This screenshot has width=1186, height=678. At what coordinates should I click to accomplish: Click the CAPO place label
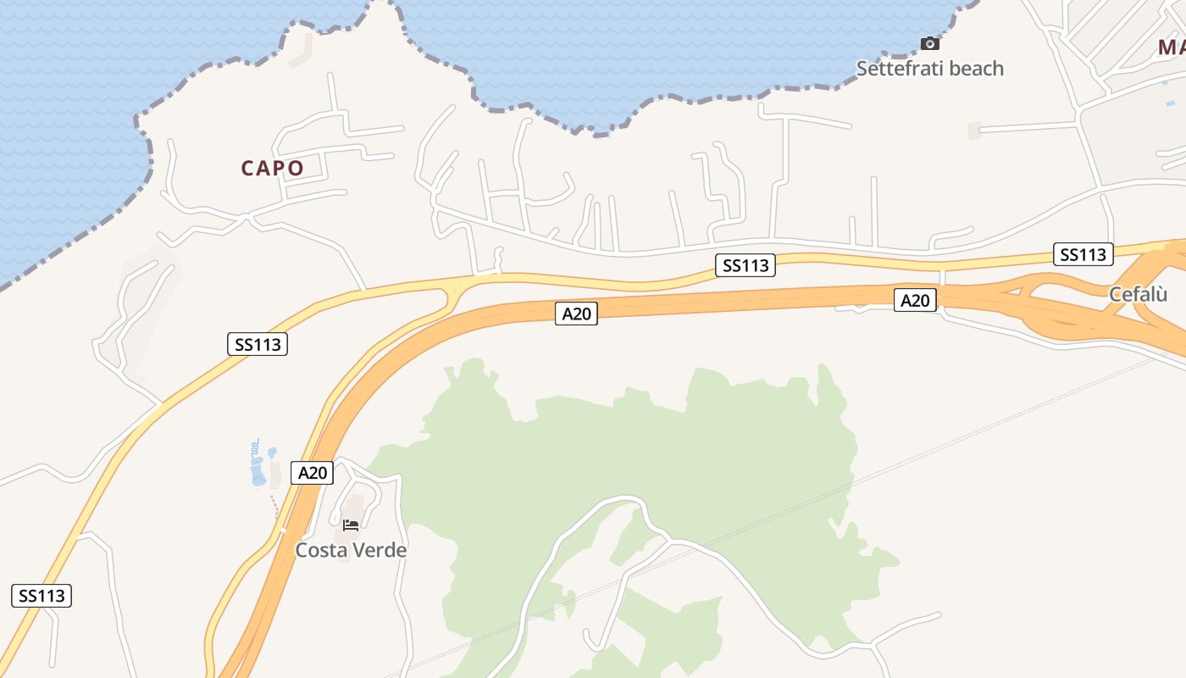pos(272,168)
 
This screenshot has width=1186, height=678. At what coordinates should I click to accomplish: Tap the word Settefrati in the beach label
pos(898,69)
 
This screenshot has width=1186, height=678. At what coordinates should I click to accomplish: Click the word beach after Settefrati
pos(974,69)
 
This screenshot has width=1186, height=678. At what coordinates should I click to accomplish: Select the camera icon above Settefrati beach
pos(929,43)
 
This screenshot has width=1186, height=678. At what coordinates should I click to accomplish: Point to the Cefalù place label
pos(1138,294)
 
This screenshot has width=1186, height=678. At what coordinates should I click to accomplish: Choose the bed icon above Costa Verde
pos(351,525)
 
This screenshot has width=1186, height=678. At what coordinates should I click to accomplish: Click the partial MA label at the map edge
pos(1172,47)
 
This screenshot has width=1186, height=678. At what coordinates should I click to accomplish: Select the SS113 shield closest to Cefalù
pos(1083,254)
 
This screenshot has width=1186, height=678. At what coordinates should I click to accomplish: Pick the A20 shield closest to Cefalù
pos(915,300)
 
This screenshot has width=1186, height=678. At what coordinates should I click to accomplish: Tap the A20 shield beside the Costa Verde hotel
pos(312,472)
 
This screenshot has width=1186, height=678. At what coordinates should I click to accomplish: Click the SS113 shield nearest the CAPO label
pos(258,344)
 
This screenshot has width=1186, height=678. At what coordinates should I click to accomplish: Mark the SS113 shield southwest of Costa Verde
pos(42,596)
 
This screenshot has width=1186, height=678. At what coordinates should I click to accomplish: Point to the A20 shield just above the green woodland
pos(576,314)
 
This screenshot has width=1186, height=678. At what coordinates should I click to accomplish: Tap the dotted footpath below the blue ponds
pos(274,508)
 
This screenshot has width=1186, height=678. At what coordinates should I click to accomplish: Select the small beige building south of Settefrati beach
pos(974,131)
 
